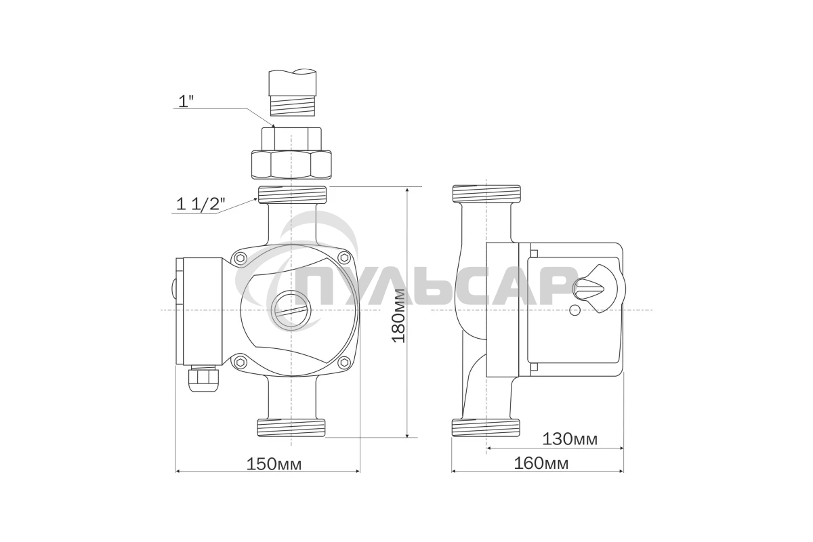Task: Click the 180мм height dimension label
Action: pos(399,315)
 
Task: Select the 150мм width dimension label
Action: pos(274,464)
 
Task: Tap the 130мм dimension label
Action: pos(570,439)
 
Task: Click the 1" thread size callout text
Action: pos(186,101)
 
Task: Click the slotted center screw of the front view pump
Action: pos(291,311)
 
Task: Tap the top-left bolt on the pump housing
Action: pos(239,258)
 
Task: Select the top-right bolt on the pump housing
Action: pos(344,258)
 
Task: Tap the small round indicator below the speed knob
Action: pos(575,311)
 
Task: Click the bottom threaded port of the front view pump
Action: pos(291,428)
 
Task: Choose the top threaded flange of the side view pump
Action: pos(486,194)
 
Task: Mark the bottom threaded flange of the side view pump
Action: pos(486,428)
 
